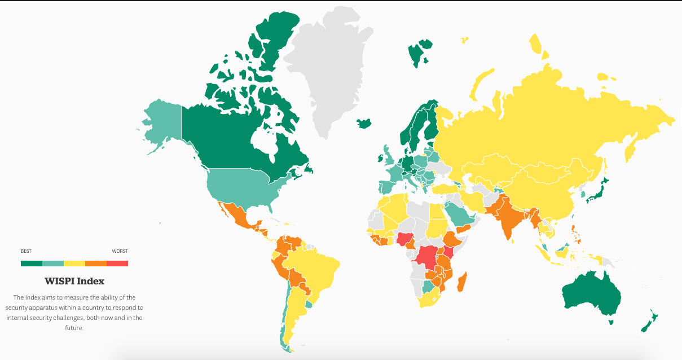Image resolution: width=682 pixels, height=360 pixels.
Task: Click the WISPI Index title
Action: [x=74, y=281]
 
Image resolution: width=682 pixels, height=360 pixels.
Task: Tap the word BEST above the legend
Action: [x=26, y=251]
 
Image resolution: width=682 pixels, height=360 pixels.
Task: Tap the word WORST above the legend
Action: [x=120, y=251]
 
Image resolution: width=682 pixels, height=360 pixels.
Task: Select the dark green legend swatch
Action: [x=31, y=263]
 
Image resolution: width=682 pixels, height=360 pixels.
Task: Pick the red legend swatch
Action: [x=117, y=263]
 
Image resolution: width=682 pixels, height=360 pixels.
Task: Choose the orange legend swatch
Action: [x=96, y=263]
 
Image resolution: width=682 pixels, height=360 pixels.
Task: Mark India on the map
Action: [x=508, y=220]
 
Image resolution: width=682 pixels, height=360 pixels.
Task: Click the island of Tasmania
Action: [x=610, y=322]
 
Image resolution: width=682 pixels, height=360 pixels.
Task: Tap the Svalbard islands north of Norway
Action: [x=419, y=53]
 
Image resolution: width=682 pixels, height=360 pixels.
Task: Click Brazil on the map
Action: [x=316, y=271]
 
